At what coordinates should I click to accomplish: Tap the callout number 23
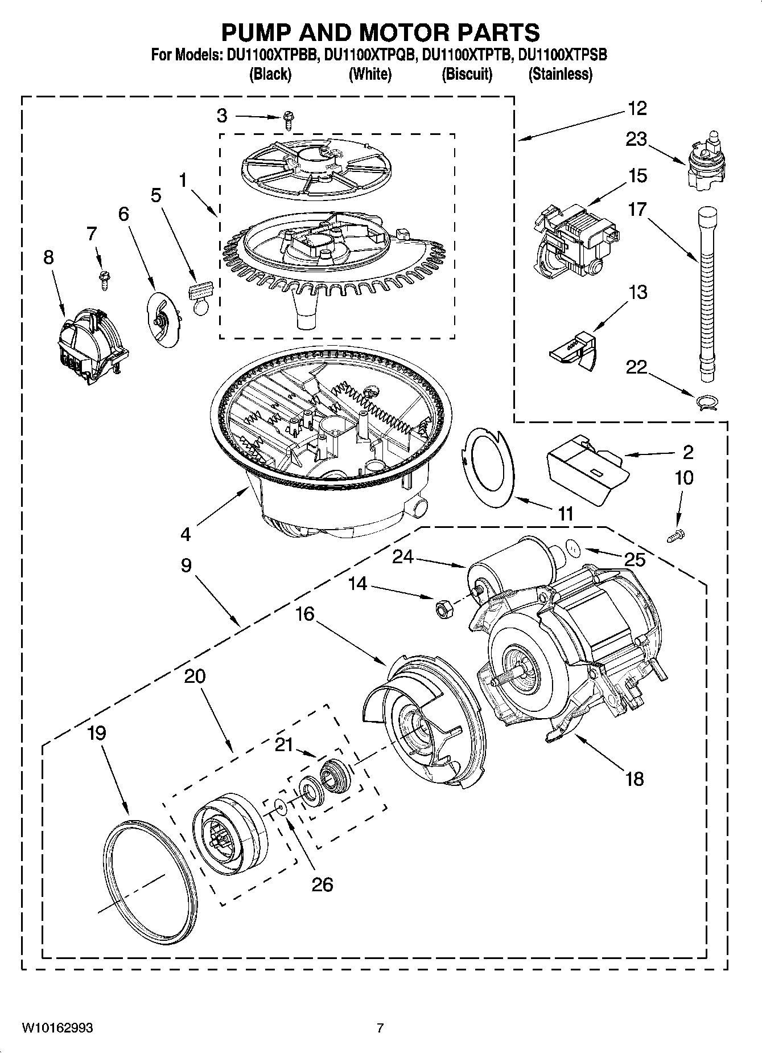[637, 139]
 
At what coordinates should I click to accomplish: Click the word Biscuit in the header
[467, 74]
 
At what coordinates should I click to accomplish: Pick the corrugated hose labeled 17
[706, 296]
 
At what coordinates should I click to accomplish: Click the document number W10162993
[57, 1028]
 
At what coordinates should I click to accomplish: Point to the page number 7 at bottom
[380, 1028]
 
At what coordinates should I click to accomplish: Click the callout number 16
[305, 614]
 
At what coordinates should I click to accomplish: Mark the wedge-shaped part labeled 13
[571, 349]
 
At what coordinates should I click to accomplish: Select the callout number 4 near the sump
[186, 534]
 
